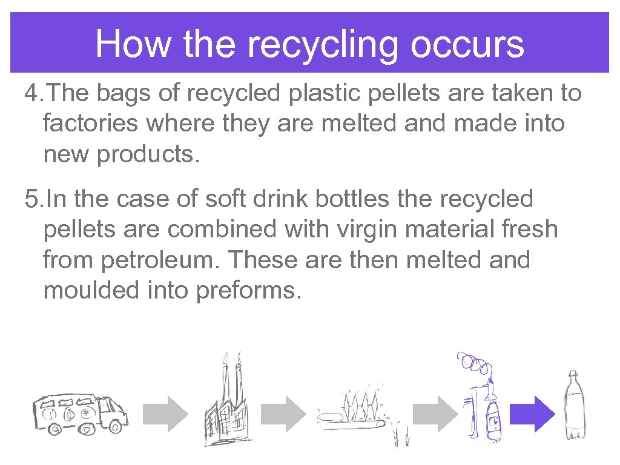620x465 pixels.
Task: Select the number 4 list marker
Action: coord(31,94)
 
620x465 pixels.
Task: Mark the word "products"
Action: coord(146,155)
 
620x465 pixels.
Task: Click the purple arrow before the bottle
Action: coord(532,414)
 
